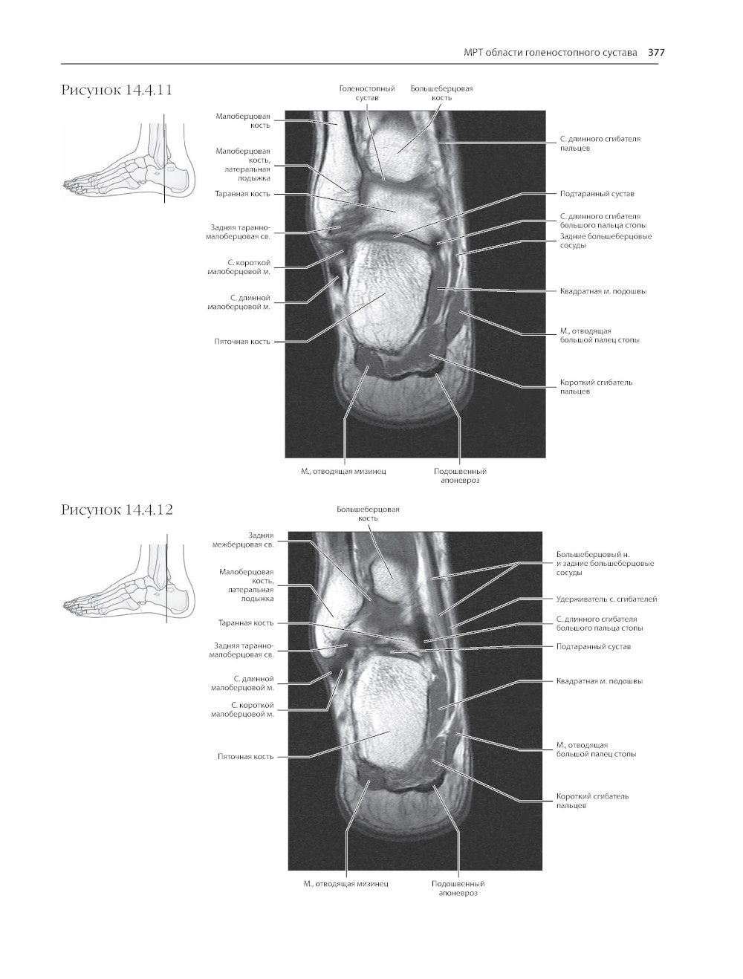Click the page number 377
pos(656,53)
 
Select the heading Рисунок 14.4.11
pos(117,90)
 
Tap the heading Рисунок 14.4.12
pos(117,510)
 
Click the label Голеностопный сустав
pos(367,93)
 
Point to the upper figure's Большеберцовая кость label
pos(441,93)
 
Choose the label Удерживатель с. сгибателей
pos(606,599)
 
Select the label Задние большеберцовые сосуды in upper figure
pos(606,241)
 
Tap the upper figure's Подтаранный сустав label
pos(597,194)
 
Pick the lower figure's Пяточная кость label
pos(245,756)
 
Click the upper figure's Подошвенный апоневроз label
pos(460,475)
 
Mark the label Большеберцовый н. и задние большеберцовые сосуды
pos(606,563)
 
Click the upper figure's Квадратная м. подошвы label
pos(603,291)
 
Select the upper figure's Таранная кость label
pos(243,194)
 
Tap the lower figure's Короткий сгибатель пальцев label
pos(592,801)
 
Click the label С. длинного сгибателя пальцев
pos(600,143)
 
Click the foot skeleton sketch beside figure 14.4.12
pos(129,581)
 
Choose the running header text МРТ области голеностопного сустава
pos(551,53)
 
